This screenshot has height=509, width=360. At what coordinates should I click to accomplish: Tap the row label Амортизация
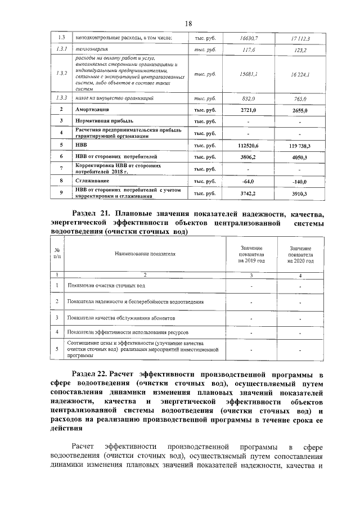point(93,110)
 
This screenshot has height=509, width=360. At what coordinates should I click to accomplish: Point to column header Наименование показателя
point(145,254)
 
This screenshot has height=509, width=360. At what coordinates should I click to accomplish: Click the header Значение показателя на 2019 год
point(251,254)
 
